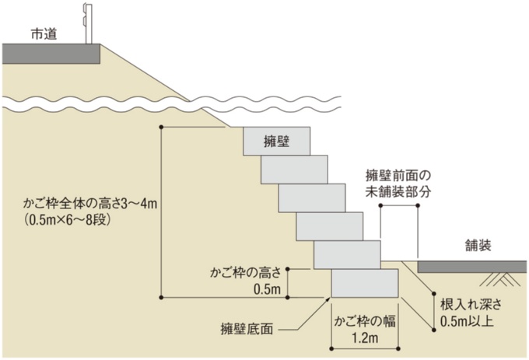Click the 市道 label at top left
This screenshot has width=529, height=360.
[x=44, y=35]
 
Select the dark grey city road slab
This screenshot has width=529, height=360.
[x=51, y=53]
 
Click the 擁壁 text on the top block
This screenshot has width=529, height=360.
[x=276, y=142]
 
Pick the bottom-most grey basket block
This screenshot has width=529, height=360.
[x=364, y=284]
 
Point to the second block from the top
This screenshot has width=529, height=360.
[x=294, y=170]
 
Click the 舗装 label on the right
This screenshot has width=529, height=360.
[x=475, y=246]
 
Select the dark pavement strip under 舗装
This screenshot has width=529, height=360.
[x=473, y=266]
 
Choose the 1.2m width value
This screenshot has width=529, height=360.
[x=365, y=339]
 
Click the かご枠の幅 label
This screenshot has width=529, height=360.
[x=365, y=322]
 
